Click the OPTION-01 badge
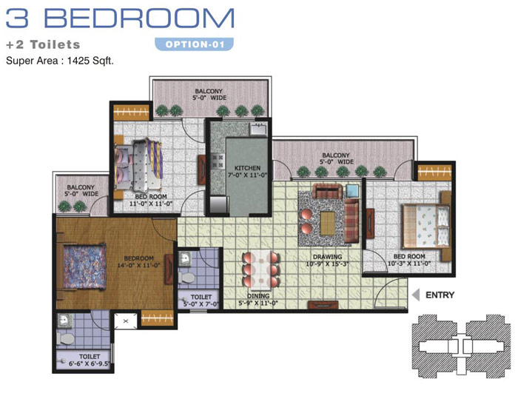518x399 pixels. click(x=194, y=44)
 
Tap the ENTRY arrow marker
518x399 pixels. click(x=416, y=295)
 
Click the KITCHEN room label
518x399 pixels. click(x=247, y=168)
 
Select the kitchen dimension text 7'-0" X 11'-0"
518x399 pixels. click(x=247, y=175)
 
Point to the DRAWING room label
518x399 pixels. click(x=327, y=257)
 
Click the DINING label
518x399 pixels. click(x=258, y=296)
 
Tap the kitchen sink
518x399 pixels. click(x=258, y=128)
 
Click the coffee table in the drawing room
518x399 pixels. click(x=327, y=224)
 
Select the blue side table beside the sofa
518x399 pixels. click(x=352, y=191)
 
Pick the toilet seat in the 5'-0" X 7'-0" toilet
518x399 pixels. click(x=186, y=278)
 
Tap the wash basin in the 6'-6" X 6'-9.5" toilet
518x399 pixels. click(x=64, y=320)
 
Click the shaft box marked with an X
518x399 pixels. click(x=126, y=321)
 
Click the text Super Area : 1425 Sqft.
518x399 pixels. click(x=60, y=61)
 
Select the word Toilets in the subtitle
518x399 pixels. click(x=55, y=44)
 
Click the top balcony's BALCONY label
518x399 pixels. click(x=209, y=91)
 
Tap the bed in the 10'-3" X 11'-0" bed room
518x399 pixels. click(x=425, y=226)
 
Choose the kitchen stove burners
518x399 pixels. click(x=218, y=161)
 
